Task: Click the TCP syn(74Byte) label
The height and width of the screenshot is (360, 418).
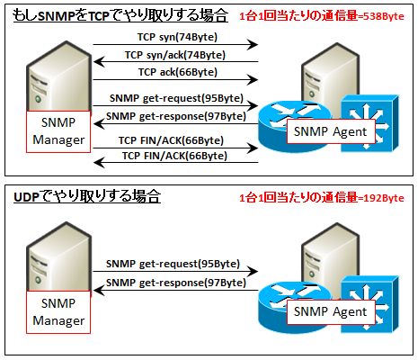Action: [177, 37]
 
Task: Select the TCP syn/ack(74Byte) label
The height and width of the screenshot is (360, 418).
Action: [175, 55]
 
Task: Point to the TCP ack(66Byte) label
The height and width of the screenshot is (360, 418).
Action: [178, 72]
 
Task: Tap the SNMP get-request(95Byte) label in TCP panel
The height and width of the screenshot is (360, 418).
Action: [176, 98]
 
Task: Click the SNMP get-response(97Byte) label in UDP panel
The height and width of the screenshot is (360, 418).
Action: [176, 283]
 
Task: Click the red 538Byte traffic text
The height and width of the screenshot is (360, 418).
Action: [322, 16]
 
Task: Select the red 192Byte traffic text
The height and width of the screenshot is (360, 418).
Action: [322, 198]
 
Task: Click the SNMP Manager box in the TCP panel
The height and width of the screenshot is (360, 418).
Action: [58, 131]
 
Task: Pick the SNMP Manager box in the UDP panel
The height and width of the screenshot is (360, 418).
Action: [58, 312]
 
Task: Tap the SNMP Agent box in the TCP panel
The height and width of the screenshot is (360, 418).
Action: [331, 131]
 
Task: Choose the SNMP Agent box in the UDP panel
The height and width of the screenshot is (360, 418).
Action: [331, 311]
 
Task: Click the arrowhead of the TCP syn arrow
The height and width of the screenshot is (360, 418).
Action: [253, 45]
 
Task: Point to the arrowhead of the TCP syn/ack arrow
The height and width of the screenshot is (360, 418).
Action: [99, 62]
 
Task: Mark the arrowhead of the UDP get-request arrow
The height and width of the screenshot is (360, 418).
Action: [253, 272]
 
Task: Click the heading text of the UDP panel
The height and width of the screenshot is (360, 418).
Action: [87, 197]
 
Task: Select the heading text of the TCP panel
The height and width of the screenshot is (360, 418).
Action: [120, 15]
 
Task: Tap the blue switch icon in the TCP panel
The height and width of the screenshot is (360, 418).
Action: [370, 123]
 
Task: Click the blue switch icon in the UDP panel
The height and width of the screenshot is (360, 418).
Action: [370, 303]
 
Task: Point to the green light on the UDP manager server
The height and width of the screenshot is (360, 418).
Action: [38, 280]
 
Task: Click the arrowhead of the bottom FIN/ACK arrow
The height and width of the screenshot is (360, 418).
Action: [99, 163]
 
